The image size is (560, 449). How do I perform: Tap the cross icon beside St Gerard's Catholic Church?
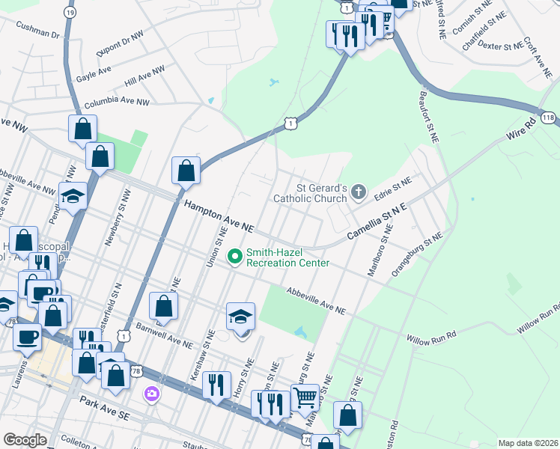359,193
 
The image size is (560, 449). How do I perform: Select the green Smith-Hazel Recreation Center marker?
235,257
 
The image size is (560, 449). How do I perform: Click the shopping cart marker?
305,397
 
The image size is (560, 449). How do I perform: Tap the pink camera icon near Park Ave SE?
152,393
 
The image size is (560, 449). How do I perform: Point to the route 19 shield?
70,13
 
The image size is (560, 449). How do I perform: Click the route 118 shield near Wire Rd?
549,117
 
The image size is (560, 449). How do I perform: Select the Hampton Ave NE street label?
220,216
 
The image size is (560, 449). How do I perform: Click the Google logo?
25,439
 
